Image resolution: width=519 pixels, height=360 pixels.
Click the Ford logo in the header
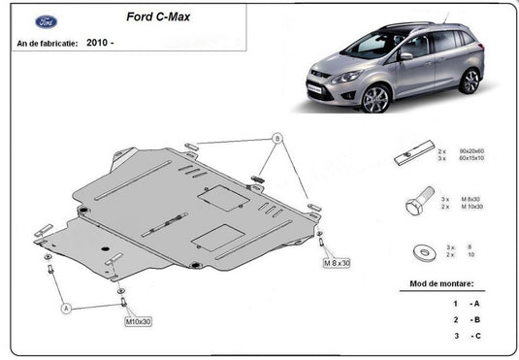[46, 21]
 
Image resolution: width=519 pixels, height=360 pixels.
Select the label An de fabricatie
[46, 44]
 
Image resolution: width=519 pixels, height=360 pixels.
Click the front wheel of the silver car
[374, 98]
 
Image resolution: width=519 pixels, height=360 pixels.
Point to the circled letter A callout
[67, 308]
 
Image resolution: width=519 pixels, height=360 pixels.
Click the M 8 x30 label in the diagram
[336, 263]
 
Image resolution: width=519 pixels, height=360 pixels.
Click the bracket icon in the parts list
[414, 156]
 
